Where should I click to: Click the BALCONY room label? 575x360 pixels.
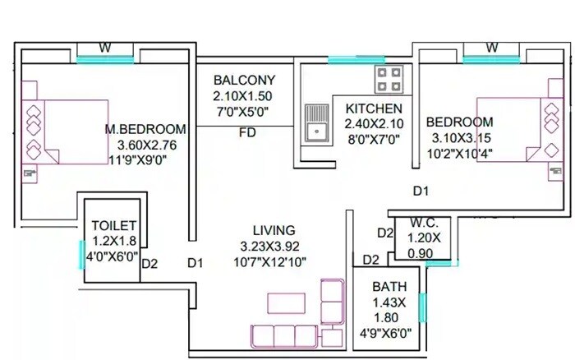click(x=243, y=81)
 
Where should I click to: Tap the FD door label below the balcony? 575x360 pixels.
click(x=246, y=132)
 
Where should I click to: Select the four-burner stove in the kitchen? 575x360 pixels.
click(x=389, y=81)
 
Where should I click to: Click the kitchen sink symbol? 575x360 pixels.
click(x=315, y=122)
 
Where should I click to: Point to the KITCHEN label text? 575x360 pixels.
click(x=374, y=108)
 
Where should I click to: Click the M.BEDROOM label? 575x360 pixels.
click(x=145, y=129)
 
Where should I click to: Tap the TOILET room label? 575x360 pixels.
click(x=114, y=225)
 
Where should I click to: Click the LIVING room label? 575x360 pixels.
click(x=274, y=230)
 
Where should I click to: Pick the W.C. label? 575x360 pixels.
click(x=424, y=222)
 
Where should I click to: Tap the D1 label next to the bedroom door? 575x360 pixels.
click(x=421, y=191)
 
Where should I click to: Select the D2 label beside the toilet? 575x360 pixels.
click(x=149, y=264)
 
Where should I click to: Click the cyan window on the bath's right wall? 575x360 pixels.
click(x=422, y=307)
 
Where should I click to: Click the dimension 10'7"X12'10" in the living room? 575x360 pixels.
click(x=274, y=261)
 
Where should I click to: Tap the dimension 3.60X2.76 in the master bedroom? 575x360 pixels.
click(x=147, y=145)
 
